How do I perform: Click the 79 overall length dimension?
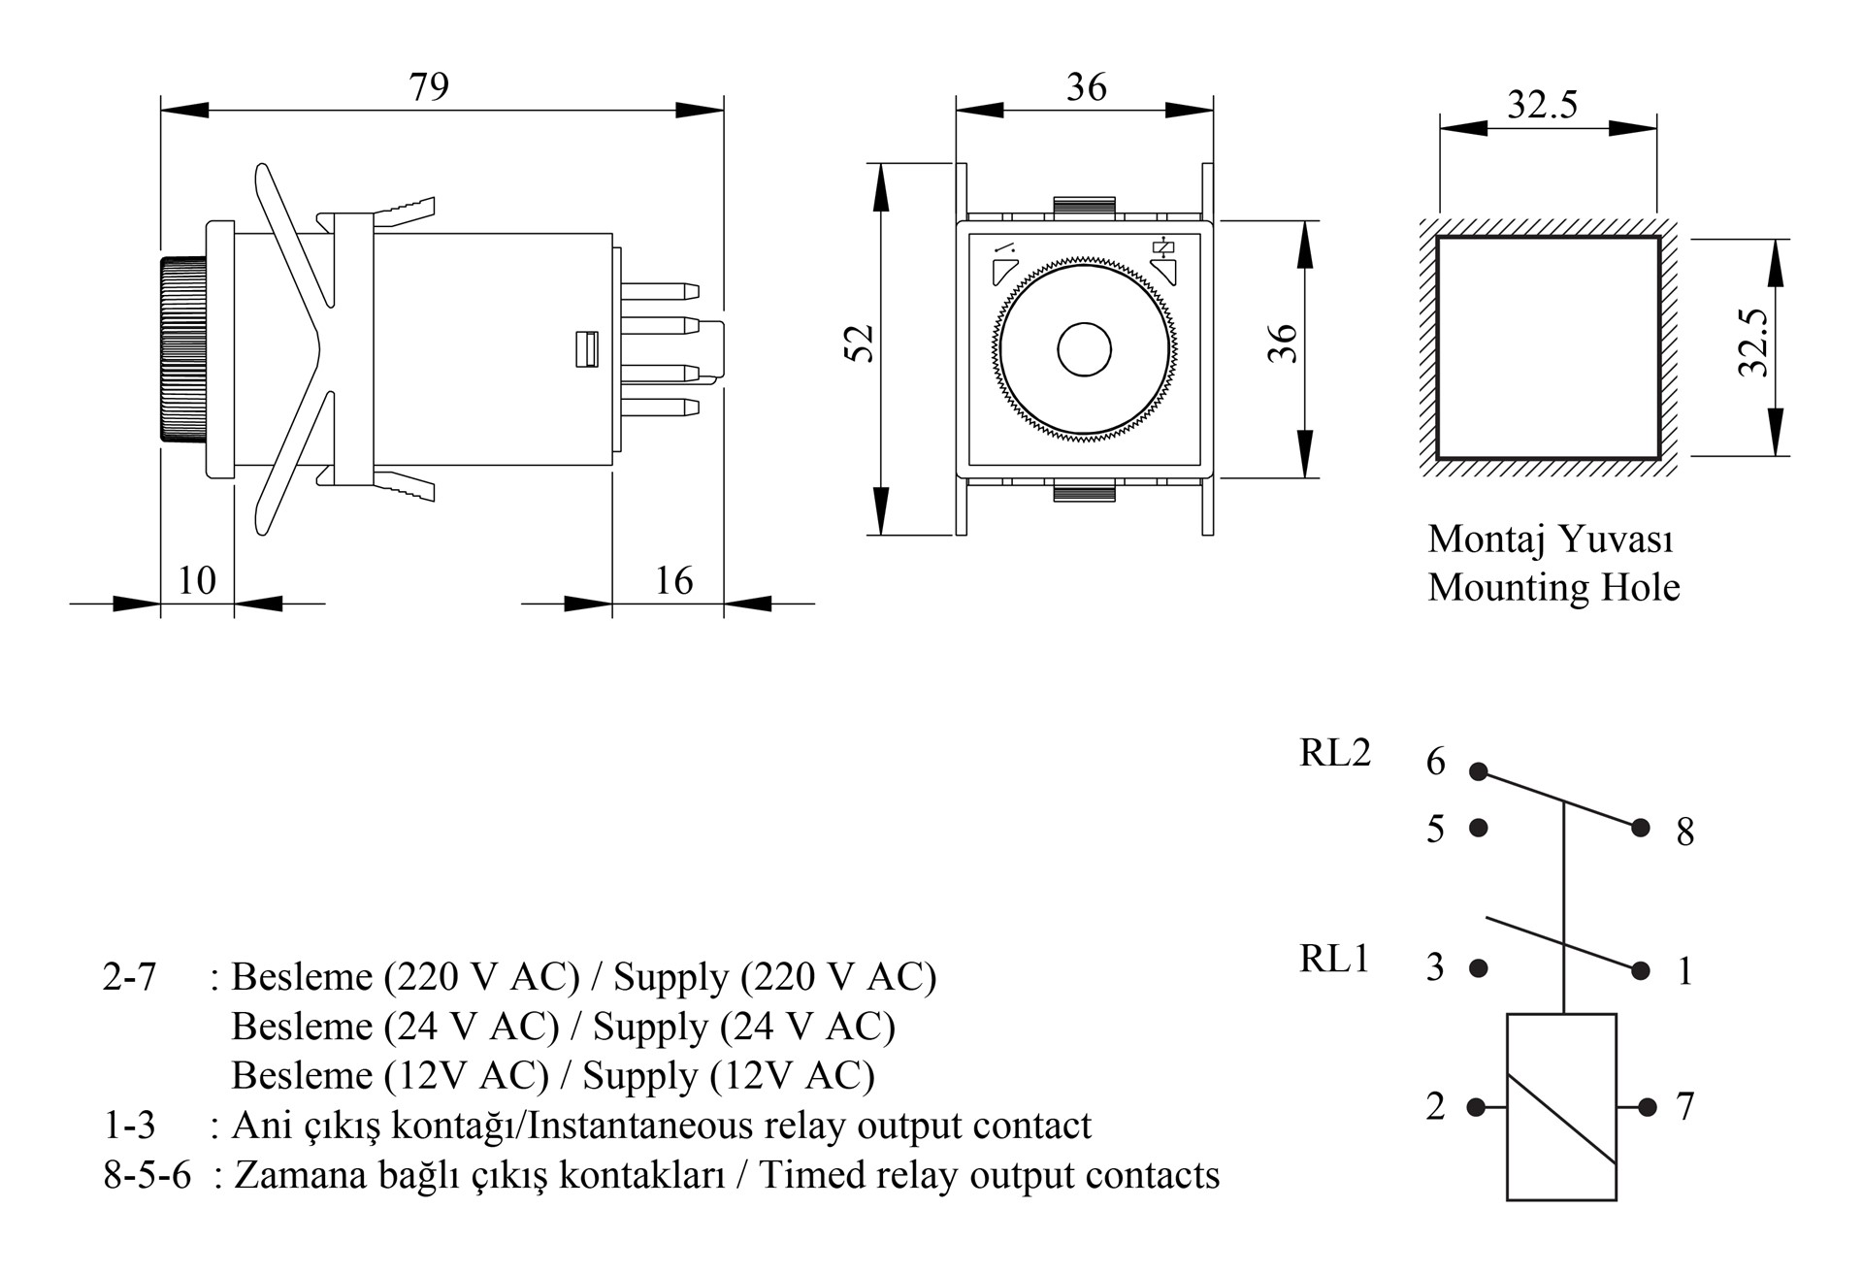coord(429,87)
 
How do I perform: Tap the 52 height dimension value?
coord(860,343)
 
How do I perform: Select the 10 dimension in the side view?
coord(197,580)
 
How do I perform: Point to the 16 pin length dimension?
coord(673,580)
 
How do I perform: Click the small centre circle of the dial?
coord(1084,349)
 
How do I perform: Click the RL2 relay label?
coord(1335,753)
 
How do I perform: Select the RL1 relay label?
coord(1334,959)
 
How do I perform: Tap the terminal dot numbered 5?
coord(1479,828)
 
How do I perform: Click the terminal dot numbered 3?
coord(1479,967)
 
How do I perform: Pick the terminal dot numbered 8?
coord(1641,828)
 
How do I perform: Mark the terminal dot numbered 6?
coord(1479,771)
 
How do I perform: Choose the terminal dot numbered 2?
coord(1477,1106)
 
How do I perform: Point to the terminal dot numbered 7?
coord(1648,1106)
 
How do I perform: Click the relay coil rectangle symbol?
coord(1561,1106)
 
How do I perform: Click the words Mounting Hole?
coord(1553,587)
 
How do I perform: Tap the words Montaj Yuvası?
coord(1550,539)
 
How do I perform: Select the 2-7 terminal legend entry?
coord(129,976)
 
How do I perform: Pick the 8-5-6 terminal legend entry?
coord(147,1175)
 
